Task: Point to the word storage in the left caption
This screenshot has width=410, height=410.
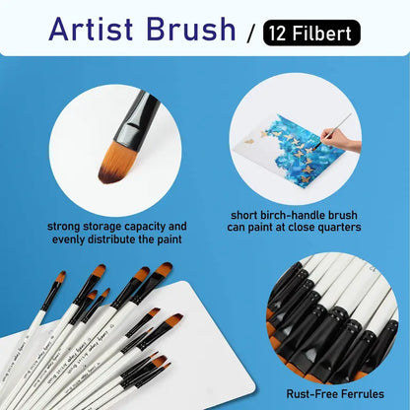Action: [x=112, y=226]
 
